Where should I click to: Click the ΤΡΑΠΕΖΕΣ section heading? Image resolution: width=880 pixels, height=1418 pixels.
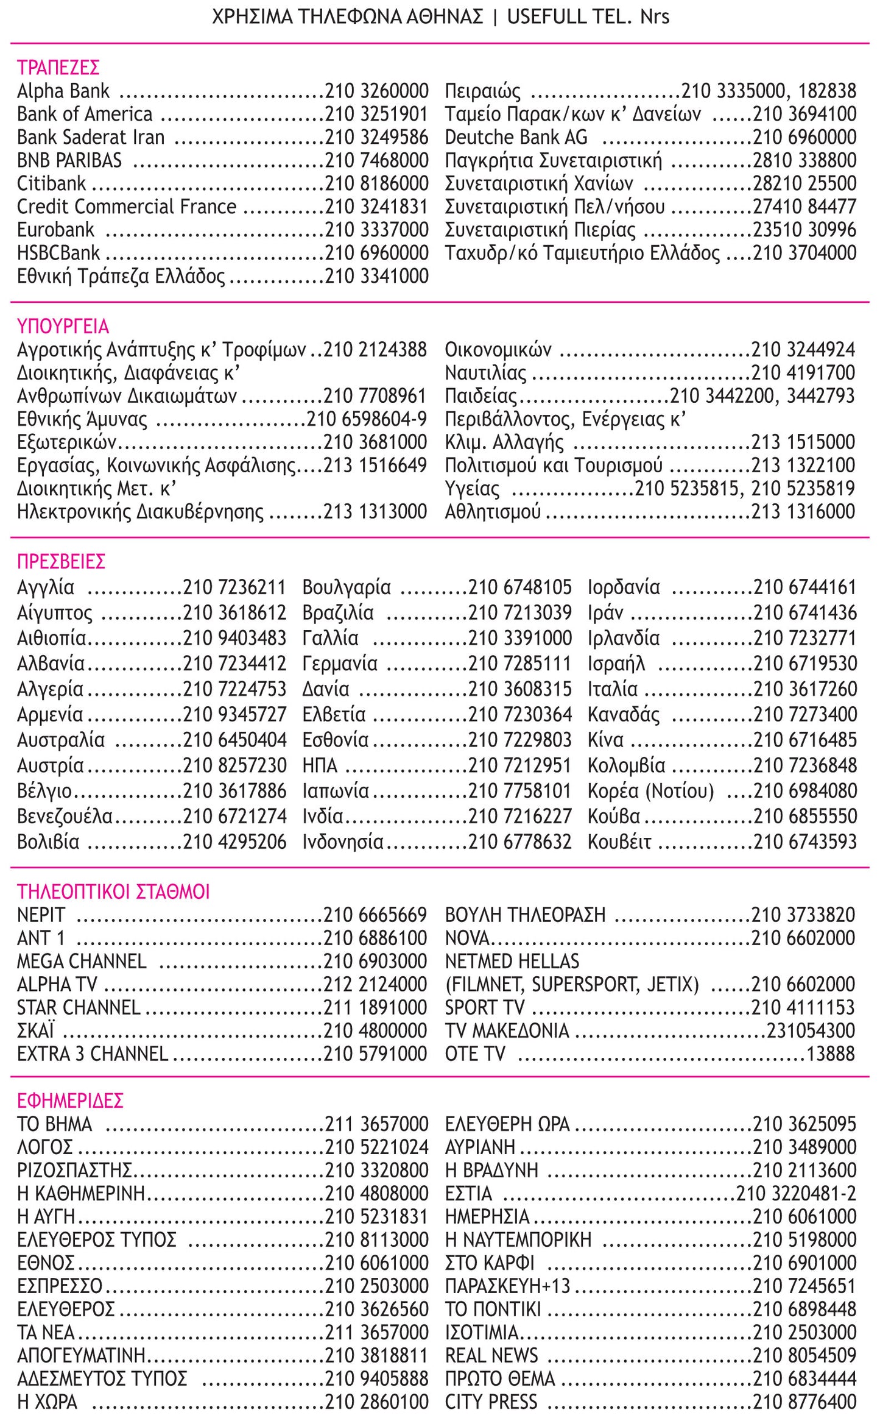(x=58, y=67)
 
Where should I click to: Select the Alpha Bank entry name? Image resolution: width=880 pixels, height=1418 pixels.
(x=63, y=91)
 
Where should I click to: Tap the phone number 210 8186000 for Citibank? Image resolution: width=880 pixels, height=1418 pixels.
(x=376, y=183)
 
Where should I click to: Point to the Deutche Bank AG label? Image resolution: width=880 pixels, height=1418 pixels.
(x=516, y=137)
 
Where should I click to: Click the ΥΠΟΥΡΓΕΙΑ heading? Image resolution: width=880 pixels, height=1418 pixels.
(x=63, y=326)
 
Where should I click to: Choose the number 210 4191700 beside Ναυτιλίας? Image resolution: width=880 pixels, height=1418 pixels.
(x=803, y=372)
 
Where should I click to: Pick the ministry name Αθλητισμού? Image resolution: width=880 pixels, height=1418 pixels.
(x=493, y=511)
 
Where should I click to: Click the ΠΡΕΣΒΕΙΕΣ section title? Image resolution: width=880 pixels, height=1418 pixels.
(x=61, y=561)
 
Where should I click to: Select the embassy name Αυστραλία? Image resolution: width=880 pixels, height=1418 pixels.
(x=61, y=740)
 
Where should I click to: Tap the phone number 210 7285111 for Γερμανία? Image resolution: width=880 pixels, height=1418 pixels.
(x=519, y=663)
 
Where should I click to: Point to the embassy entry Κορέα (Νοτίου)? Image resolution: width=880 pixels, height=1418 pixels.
(x=650, y=790)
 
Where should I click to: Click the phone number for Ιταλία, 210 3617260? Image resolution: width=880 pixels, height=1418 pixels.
(x=804, y=689)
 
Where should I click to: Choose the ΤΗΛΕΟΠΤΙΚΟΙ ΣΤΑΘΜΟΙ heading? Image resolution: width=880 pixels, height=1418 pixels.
(x=113, y=892)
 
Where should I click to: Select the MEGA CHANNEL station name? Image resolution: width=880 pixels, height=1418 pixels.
(x=82, y=961)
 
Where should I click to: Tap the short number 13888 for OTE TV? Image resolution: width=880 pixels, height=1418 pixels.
(x=831, y=1054)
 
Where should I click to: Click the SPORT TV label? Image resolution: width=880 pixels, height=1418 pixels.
(x=484, y=1007)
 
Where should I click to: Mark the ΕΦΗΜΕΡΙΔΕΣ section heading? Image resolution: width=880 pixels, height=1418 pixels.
(x=70, y=1100)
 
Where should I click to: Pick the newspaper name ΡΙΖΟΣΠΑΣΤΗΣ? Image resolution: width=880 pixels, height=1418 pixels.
(x=74, y=1170)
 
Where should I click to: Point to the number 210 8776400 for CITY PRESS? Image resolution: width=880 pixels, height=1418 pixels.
(x=804, y=1402)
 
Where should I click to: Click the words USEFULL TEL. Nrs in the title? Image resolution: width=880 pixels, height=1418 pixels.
(x=588, y=16)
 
